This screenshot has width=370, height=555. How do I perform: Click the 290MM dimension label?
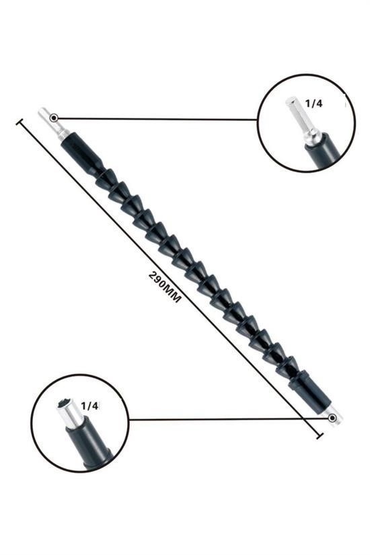165,287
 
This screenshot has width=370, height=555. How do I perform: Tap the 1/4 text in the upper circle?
313,104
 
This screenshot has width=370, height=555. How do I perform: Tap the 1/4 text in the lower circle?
89,406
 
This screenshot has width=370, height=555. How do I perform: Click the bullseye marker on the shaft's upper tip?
54,117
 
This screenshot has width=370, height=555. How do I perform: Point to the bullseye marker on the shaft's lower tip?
332,418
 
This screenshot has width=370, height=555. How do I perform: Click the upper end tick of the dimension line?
20,122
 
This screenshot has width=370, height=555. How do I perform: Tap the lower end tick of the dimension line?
319,436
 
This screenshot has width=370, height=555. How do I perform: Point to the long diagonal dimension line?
170,279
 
